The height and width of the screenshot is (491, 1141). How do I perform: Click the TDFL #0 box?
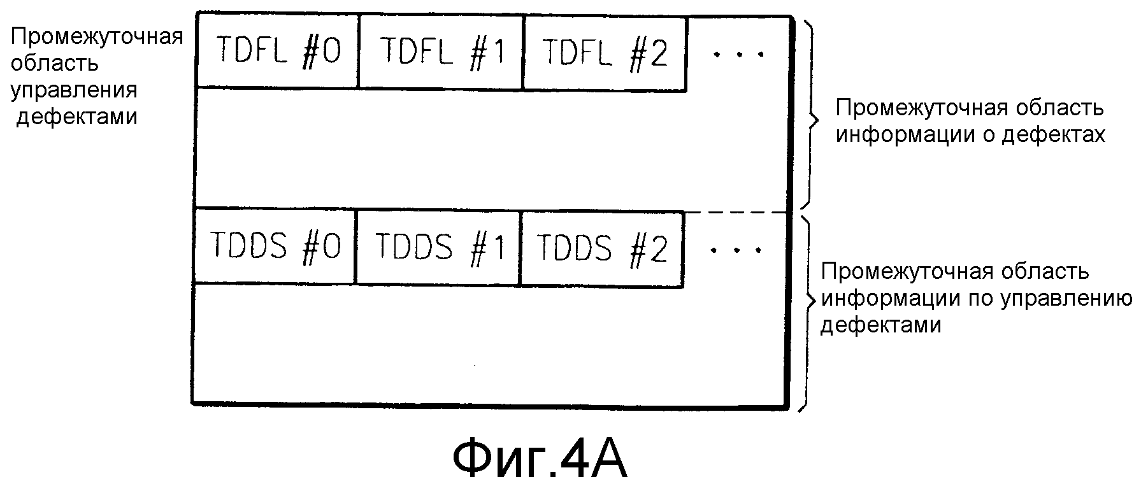pyautogui.click(x=278, y=51)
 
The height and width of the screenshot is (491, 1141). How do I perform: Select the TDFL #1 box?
pyautogui.click(x=441, y=51)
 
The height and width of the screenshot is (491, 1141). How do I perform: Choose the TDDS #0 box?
pyautogui.click(x=275, y=246)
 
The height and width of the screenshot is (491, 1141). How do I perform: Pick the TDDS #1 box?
pyautogui.click(x=438, y=246)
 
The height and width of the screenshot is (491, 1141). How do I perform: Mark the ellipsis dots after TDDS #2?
pyautogui.click(x=736, y=250)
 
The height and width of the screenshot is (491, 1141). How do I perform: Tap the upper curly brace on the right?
pyautogui.click(x=810, y=115)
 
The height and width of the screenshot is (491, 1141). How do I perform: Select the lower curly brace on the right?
pyautogui.click(x=808, y=312)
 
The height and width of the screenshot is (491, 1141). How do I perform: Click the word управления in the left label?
pyautogui.click(x=74, y=90)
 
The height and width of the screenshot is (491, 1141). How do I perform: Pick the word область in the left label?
pyautogui.click(x=54, y=63)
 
